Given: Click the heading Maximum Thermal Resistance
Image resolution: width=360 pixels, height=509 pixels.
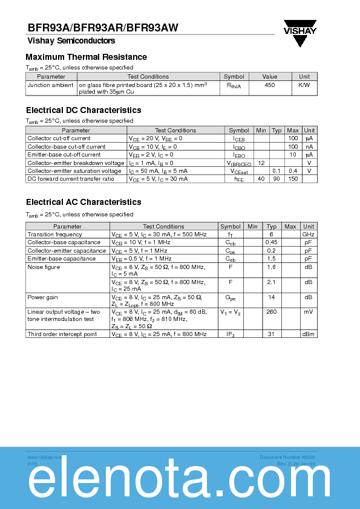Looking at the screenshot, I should [x=87, y=57].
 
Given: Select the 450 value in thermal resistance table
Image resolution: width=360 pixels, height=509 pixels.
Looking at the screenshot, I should [x=270, y=85].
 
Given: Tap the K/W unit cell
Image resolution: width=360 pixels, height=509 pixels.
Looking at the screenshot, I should [x=304, y=85].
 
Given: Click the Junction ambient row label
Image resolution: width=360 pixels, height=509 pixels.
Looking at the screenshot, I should [x=51, y=85].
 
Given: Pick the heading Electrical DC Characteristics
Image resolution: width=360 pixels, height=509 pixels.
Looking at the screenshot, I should [x=83, y=111].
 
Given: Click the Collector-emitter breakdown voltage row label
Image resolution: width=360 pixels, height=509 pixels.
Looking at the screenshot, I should [x=76, y=163].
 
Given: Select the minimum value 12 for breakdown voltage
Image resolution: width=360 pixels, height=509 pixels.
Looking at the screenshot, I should [x=261, y=163].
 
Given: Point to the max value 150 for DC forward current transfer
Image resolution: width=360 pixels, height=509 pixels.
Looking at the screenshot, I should [x=293, y=179].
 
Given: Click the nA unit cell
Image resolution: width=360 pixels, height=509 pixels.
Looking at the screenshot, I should [x=309, y=147].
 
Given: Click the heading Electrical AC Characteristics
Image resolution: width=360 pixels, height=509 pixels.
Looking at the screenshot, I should [x=83, y=203].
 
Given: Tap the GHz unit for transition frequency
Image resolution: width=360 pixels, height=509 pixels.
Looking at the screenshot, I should [x=309, y=235].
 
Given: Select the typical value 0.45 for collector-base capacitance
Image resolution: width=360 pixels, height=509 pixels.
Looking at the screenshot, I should [x=272, y=242].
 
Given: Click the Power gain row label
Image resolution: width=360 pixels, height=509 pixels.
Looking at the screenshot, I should [x=43, y=297].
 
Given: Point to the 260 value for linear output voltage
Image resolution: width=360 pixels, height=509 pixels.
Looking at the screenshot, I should [x=272, y=312].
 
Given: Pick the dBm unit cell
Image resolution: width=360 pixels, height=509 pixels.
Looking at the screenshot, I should [x=309, y=334].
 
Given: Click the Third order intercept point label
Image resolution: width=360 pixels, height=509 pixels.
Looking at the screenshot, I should [x=62, y=334].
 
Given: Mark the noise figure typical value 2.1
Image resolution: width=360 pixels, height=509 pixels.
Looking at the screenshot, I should [x=272, y=282].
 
